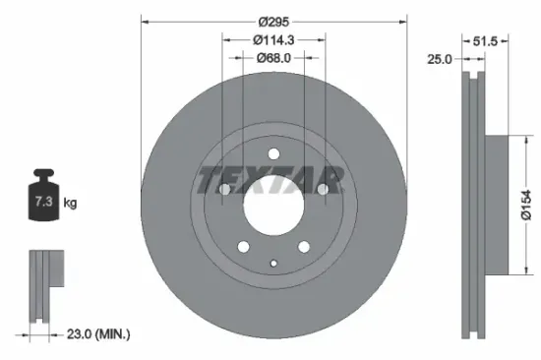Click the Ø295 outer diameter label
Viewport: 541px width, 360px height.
[x=274, y=20]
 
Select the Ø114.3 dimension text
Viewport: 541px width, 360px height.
[x=274, y=39]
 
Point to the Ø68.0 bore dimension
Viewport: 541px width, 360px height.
[x=274, y=59]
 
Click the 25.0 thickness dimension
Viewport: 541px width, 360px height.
[x=440, y=59]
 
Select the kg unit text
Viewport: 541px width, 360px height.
[x=70, y=204]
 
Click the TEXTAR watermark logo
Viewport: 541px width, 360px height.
[x=271, y=180]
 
